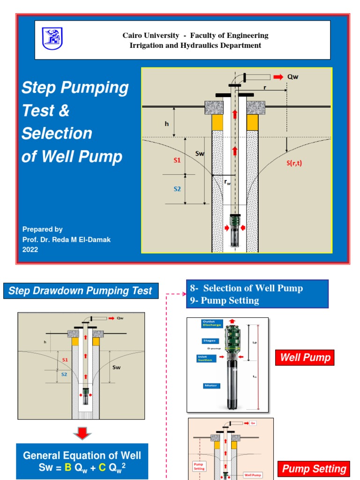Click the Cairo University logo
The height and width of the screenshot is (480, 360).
pyautogui.click(x=52, y=38)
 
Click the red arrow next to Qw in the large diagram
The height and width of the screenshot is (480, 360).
pyautogui.click(x=278, y=77)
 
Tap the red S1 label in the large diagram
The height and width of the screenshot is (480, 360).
pyautogui.click(x=177, y=160)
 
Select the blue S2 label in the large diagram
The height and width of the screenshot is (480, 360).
pyautogui.click(x=177, y=189)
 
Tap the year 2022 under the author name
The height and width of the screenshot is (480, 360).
pyautogui.click(x=30, y=250)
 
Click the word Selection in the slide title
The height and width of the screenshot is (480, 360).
pyautogui.click(x=57, y=134)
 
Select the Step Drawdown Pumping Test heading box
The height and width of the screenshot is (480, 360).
pyautogui.click(x=81, y=291)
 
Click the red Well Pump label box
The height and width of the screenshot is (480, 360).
pyautogui.click(x=305, y=358)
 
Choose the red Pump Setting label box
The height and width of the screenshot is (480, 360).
pyautogui.click(x=313, y=469)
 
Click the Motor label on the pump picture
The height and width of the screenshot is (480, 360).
pyautogui.click(x=209, y=386)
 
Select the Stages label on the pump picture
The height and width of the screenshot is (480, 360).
pyautogui.click(x=209, y=341)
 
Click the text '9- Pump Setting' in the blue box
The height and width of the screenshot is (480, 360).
pyautogui.click(x=225, y=301)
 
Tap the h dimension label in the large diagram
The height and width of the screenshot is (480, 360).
pyautogui.click(x=166, y=124)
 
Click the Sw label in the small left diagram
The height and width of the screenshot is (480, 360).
pyautogui.click(x=116, y=367)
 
